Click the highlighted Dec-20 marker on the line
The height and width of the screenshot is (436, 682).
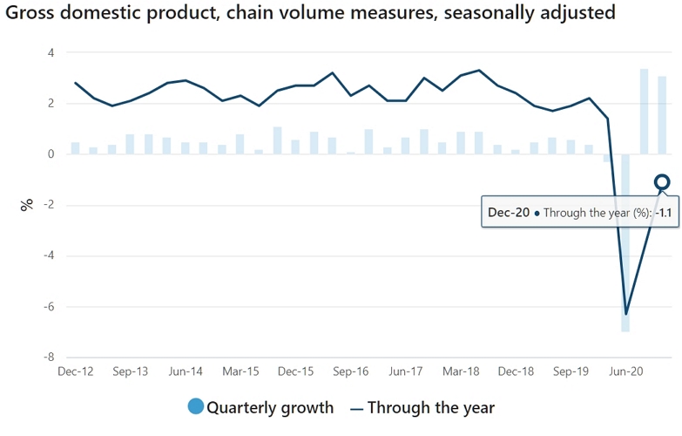coord(662,182)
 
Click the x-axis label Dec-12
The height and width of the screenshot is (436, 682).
coord(75,371)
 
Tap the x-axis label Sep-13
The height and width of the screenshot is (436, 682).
coord(131,371)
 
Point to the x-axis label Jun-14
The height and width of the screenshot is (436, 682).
coord(186,371)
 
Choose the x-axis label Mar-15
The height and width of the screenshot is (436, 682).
coord(240,371)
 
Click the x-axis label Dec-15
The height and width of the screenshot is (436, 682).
coord(295,371)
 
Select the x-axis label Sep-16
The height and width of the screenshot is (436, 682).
coord(350,371)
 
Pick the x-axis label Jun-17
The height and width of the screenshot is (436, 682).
coord(406,371)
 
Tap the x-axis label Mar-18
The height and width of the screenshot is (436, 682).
coord(461,371)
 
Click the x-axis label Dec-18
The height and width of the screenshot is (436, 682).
coord(516,371)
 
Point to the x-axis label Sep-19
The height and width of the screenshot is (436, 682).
coord(571,371)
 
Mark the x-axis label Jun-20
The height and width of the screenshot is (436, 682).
coord(625,371)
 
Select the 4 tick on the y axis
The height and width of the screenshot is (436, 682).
coord(51,52)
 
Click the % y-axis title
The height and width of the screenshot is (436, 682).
coord(27,205)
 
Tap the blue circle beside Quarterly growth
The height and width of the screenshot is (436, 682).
coord(195,406)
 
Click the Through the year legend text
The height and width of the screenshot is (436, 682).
coord(430,407)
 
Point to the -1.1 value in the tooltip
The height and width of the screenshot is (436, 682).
coord(665,212)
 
